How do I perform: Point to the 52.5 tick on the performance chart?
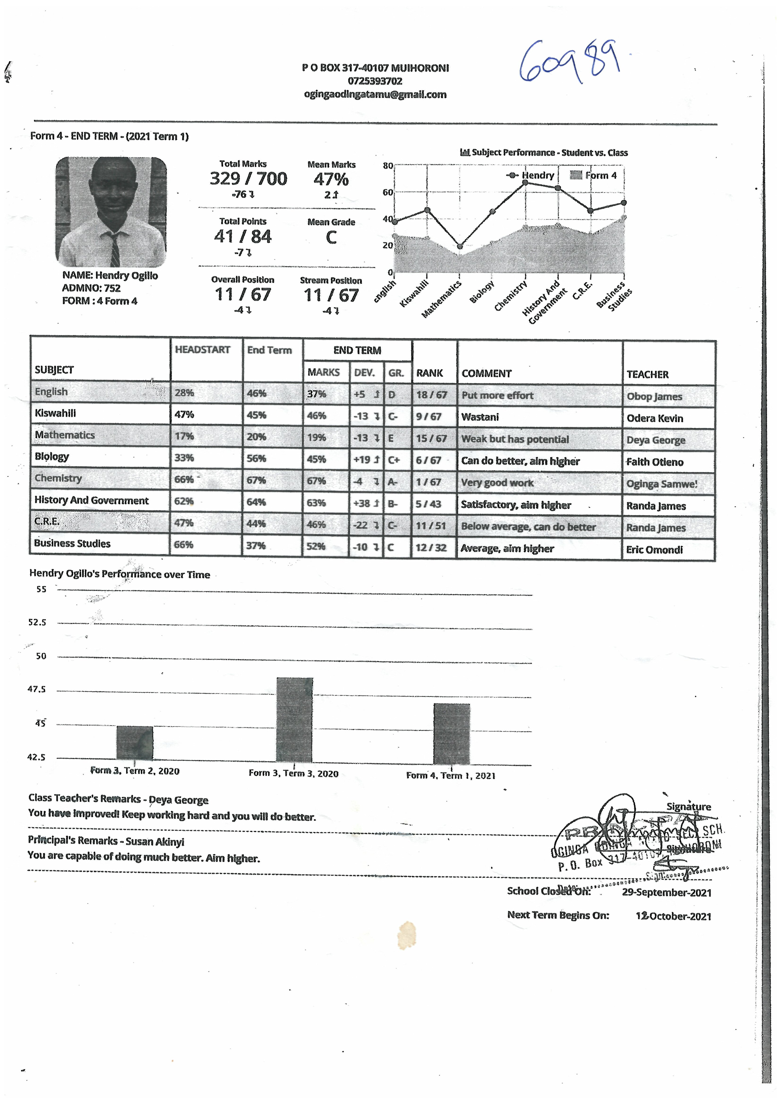click(x=37, y=622)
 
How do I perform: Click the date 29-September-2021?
click(x=666, y=893)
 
